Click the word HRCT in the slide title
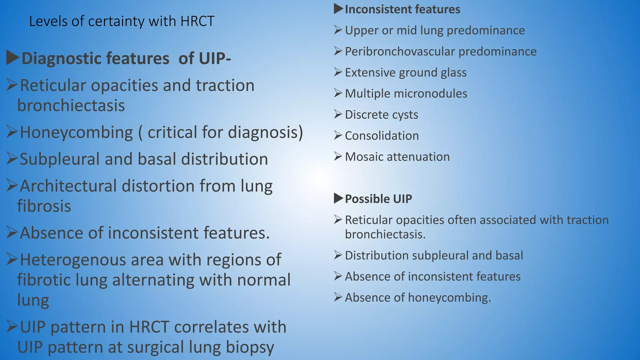(197, 22)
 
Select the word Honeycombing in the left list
(77, 132)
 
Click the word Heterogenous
(72, 260)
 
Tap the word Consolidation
(382, 136)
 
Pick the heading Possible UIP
(378, 199)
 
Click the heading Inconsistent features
(402, 9)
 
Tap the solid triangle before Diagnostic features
(13, 58)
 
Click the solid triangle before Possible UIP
(338, 198)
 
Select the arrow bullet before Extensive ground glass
(338, 72)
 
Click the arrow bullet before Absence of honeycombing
(338, 297)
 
